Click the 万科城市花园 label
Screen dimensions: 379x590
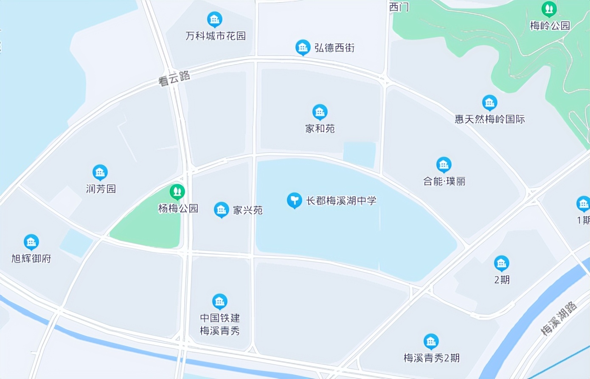click(x=216, y=36)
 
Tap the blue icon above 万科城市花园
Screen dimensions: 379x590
click(x=215, y=20)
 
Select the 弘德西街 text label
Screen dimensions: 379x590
click(x=334, y=48)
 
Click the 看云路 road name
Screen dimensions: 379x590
click(x=174, y=78)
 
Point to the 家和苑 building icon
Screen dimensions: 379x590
click(x=320, y=112)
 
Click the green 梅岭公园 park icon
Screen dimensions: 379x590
click(x=549, y=8)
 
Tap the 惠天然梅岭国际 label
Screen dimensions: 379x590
click(x=490, y=119)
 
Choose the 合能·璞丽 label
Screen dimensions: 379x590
click(x=444, y=181)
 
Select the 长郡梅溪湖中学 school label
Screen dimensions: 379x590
click(x=341, y=201)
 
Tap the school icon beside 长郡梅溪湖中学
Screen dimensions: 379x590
click(x=294, y=200)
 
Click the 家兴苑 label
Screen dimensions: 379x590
click(x=248, y=210)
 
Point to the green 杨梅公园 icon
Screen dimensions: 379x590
click(x=177, y=192)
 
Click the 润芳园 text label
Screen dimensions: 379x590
click(x=101, y=189)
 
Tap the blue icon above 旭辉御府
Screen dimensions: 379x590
click(x=31, y=242)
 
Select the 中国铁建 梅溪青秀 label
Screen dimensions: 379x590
click(x=220, y=324)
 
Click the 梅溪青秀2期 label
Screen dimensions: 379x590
click(x=431, y=358)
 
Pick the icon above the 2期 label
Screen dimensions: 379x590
click(x=501, y=263)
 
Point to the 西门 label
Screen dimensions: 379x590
click(x=399, y=7)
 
